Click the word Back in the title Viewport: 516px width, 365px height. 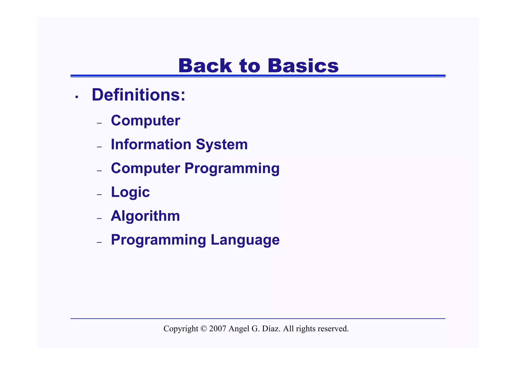coord(205,66)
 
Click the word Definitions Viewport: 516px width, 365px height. coord(138,95)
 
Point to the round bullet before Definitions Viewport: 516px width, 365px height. coord(77,97)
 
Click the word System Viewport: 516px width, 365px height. coord(222,145)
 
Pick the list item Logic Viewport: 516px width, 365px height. coord(130,192)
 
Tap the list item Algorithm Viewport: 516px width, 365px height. coord(145,216)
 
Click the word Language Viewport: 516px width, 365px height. coord(245,240)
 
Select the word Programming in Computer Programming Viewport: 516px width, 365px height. coord(232,169)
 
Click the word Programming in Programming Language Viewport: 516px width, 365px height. coord(158,240)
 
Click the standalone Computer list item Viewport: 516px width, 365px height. coord(145,121)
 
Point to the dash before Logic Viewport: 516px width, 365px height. coord(99,195)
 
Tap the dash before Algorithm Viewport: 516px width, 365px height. coord(99,218)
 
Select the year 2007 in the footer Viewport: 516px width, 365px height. coord(217,329)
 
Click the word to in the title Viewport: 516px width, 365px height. coord(249,66)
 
